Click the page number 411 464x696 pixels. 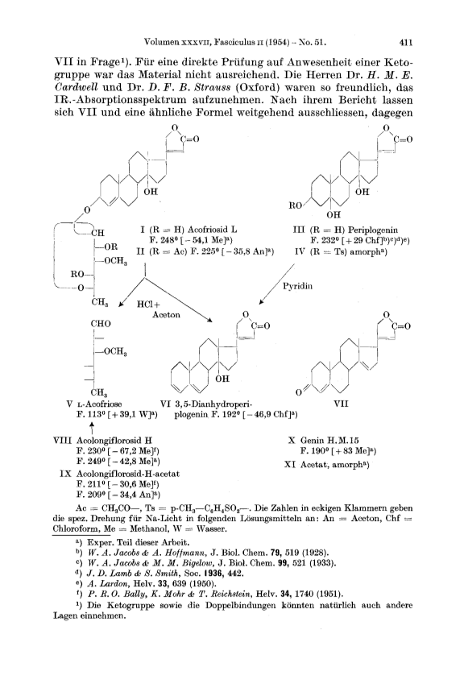point(406,43)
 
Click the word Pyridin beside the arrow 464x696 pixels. point(297,286)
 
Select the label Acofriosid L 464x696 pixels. point(212,230)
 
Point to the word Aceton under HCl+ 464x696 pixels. point(166,315)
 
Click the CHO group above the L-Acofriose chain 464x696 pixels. point(101,324)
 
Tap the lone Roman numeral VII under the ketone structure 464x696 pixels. point(341,404)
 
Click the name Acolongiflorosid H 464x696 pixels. point(114,441)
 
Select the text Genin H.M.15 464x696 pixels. point(329,441)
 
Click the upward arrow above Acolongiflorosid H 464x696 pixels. point(93,428)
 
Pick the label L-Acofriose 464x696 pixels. point(99,404)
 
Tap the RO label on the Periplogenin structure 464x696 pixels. point(296,205)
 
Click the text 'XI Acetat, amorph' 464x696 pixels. point(327,465)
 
